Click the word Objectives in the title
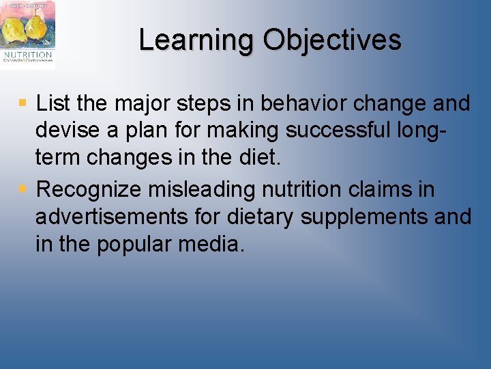[x=332, y=40]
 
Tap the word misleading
[x=221, y=189]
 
